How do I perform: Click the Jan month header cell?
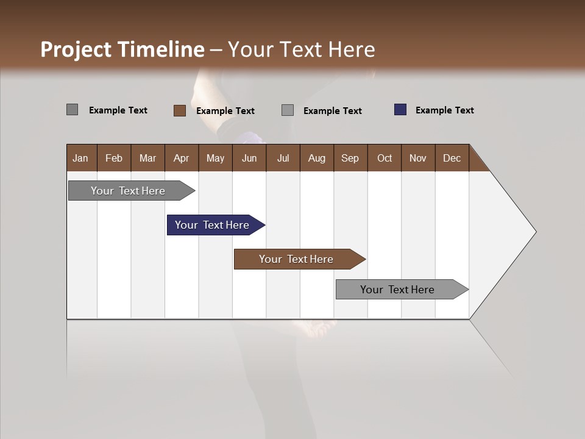(x=81, y=158)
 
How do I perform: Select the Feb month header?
(x=114, y=158)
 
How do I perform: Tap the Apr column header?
(x=182, y=158)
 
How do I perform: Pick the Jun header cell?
(x=249, y=158)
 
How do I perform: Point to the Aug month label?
(x=317, y=158)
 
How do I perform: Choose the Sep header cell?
(x=350, y=158)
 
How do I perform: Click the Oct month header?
(x=385, y=158)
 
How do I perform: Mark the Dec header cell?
(x=452, y=158)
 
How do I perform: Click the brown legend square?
(x=180, y=110)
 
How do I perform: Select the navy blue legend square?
(x=400, y=110)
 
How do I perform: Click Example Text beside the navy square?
(x=444, y=110)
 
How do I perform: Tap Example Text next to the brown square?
(x=225, y=111)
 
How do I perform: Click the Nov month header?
(x=418, y=158)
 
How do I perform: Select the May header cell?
(x=215, y=158)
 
